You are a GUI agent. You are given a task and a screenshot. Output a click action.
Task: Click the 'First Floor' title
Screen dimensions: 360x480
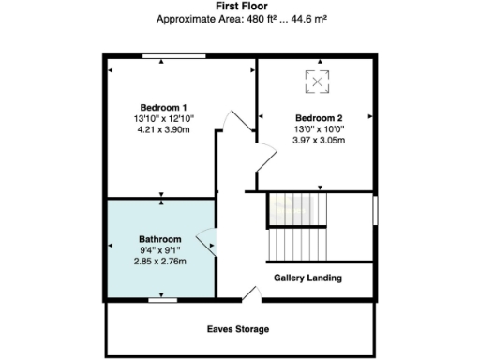[x=239, y=6]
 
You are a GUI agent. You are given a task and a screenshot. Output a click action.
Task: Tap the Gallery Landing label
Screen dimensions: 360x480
[x=307, y=277]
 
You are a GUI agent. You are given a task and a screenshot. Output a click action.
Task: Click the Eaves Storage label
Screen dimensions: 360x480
[x=238, y=329]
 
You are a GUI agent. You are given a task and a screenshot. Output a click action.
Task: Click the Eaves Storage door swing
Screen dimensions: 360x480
[x=250, y=295]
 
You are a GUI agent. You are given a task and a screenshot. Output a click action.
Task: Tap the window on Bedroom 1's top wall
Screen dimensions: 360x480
[x=174, y=57]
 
